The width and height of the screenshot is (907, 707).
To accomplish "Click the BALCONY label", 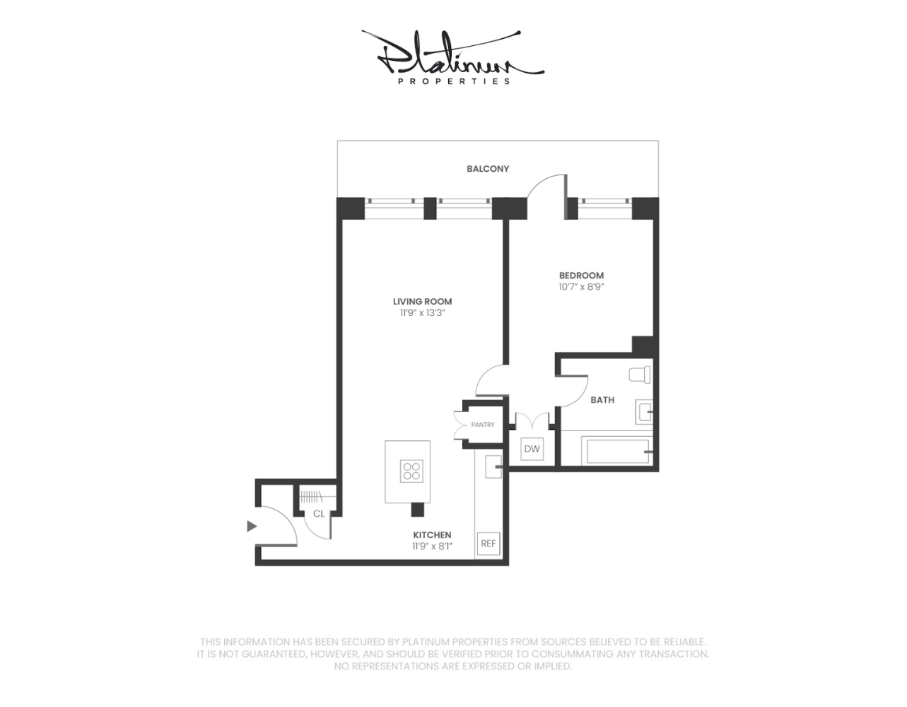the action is (488, 169).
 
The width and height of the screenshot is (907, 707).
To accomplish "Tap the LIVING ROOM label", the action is (423, 301).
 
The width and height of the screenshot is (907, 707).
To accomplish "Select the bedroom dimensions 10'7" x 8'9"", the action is (581, 287).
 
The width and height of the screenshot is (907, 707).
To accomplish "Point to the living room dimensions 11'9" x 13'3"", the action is (423, 313).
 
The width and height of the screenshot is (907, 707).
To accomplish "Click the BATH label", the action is (602, 400).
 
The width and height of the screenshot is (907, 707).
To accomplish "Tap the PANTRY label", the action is (483, 424).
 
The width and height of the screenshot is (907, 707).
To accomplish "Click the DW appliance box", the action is (532, 449).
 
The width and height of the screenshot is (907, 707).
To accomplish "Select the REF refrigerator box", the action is (488, 544).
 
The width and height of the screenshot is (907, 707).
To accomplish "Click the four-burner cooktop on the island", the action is (411, 471).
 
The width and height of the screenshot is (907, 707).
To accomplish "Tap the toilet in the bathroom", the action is (640, 375).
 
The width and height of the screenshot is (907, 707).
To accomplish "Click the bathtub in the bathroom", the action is (617, 451).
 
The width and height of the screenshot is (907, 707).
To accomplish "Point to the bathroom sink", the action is (644, 411).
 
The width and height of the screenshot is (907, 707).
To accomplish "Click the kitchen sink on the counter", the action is (493, 467).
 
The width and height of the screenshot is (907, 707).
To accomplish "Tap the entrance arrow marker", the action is (252, 526).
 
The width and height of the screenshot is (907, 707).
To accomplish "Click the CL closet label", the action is (318, 514).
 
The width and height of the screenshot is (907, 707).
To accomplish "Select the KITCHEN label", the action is (432, 534).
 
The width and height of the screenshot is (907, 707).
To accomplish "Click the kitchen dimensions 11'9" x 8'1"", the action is (432, 547).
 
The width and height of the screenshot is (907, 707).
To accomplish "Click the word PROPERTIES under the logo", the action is (454, 81).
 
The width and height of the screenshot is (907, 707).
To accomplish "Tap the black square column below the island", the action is (417, 510).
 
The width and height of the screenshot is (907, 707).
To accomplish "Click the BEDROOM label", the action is (581, 276).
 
